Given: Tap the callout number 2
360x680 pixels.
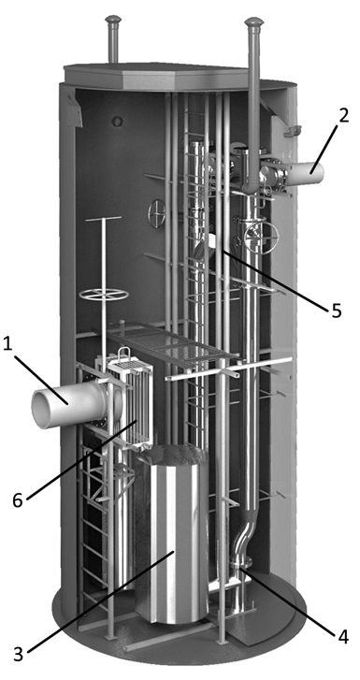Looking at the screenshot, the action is pos(343,117).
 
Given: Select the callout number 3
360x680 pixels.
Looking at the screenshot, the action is pos(18,654).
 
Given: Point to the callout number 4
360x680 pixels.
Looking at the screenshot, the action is pos(343,637).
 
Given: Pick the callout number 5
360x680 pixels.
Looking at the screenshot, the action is pos(337,311).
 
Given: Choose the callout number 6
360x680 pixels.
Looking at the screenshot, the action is pos(18,501).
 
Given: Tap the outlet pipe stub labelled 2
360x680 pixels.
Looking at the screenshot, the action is pos(306,174).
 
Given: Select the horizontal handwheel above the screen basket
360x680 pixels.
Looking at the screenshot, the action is pos(104,295).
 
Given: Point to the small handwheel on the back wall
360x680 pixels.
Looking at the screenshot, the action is pos(156,213).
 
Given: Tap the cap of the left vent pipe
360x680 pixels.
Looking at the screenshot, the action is pos(113,20).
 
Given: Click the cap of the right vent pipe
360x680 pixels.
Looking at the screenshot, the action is pos(254,22).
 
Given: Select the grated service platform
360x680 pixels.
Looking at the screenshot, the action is pos(171,346).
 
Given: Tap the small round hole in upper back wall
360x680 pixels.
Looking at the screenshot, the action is pos(118,121).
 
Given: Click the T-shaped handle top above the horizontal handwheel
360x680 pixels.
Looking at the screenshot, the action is pos(104,219).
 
